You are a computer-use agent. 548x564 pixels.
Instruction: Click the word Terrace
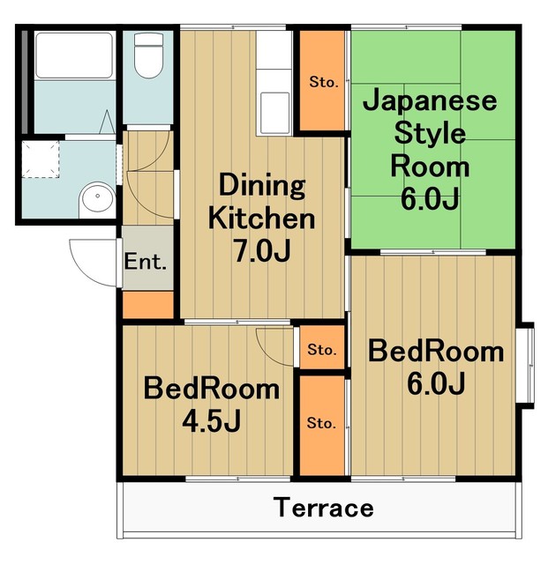click(x=322, y=508)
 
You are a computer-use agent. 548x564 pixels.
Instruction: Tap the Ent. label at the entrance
click(x=146, y=262)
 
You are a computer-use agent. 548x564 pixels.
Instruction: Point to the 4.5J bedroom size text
click(x=212, y=420)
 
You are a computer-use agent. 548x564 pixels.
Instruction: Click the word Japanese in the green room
click(x=430, y=103)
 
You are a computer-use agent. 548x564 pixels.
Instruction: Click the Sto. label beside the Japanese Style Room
click(x=323, y=83)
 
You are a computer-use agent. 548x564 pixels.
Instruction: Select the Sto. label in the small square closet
click(x=321, y=350)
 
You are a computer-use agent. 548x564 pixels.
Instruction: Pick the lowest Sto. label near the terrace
click(x=321, y=423)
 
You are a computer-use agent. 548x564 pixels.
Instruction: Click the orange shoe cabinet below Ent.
click(x=147, y=304)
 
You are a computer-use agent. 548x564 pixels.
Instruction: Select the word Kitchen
click(x=261, y=218)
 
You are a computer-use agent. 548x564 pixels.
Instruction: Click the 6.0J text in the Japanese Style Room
click(x=430, y=198)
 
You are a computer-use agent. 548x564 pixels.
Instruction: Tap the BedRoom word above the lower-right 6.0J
click(x=436, y=352)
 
